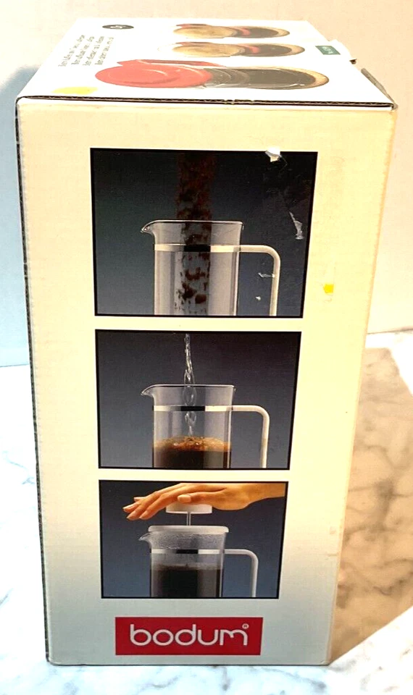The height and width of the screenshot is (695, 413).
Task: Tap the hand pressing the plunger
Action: pyautogui.click(x=196, y=498)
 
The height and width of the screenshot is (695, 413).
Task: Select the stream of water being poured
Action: pyautogui.click(x=188, y=376)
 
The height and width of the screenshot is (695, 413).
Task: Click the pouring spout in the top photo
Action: pyautogui.click(x=146, y=230)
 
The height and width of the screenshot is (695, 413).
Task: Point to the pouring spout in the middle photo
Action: pyautogui.click(x=147, y=392)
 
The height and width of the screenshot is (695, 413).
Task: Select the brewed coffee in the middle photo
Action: pyautogui.click(x=192, y=452)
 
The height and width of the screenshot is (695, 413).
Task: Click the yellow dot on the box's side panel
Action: pyautogui.click(x=328, y=289)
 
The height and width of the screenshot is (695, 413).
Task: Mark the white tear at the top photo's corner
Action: pyautogui.click(x=273, y=154)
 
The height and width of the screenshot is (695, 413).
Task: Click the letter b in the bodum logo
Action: pyautogui.click(x=136, y=636)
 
